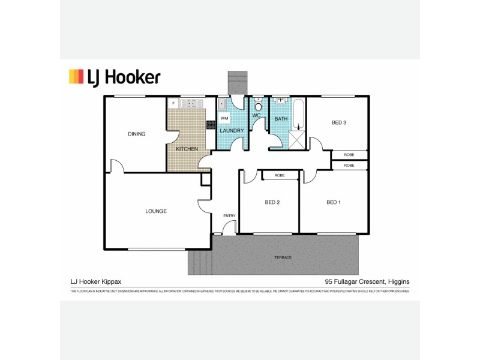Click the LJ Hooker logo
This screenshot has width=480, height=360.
click(114, 77)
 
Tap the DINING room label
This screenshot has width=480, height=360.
click(137, 134)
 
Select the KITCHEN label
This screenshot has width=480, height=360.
click(187, 148)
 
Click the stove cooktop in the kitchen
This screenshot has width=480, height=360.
click(211, 125)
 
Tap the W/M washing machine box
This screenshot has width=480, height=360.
click(224, 118)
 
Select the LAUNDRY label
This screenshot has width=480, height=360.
click(231, 130)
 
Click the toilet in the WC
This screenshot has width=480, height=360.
click(258, 106)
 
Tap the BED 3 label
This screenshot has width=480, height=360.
click(339, 123)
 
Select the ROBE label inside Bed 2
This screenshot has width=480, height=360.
click(279, 175)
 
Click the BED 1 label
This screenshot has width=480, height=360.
click(334, 202)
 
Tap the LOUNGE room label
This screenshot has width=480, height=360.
click(155, 211)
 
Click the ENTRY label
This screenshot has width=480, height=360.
click(229, 216)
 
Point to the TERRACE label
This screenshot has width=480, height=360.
click(283, 257)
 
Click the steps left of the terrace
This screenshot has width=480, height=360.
click(200, 262)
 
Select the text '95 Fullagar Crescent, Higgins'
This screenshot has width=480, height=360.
click(367, 281)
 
